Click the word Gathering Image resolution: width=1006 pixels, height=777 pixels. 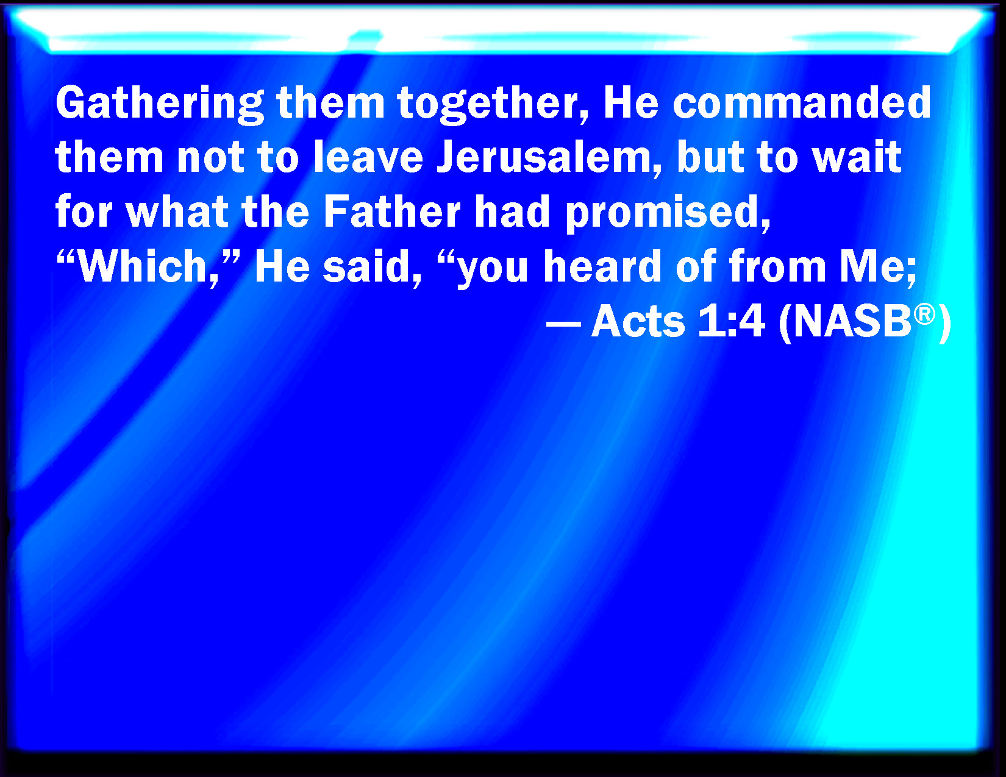point(160,105)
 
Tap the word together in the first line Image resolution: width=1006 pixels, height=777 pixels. point(492,105)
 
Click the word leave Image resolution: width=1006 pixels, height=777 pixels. point(368,157)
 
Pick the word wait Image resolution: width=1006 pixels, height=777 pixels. point(857,157)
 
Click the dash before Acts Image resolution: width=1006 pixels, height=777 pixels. point(563,323)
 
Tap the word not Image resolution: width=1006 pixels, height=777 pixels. point(210,157)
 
